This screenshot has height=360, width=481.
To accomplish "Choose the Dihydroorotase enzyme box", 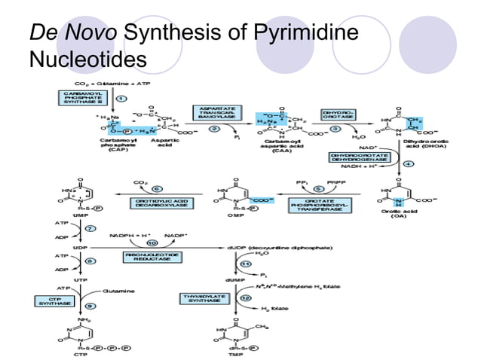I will click(x=339, y=114).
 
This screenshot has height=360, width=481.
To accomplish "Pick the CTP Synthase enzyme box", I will click(x=54, y=301).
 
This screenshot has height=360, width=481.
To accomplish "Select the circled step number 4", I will click(x=409, y=163).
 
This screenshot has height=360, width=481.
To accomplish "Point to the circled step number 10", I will click(x=152, y=243).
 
